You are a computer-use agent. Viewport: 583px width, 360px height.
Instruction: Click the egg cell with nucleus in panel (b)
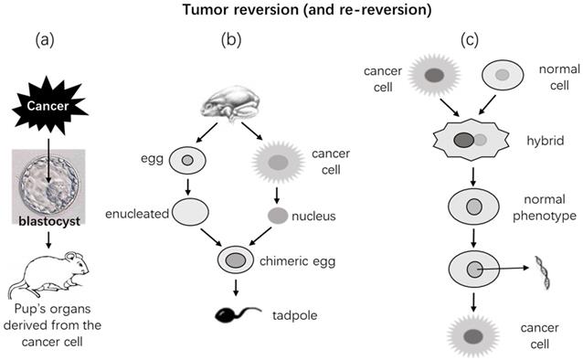click(x=186, y=161)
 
